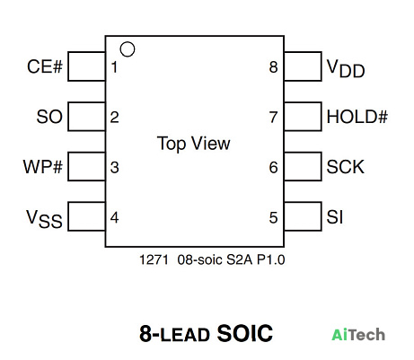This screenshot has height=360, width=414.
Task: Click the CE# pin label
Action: [x=45, y=66]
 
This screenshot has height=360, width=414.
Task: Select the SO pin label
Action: [x=49, y=117]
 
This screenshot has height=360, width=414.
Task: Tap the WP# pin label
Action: [x=43, y=167]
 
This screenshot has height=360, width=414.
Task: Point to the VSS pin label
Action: [x=44, y=219]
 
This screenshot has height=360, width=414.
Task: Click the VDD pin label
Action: [x=346, y=68]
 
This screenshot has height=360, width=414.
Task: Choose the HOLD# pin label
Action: [x=357, y=117]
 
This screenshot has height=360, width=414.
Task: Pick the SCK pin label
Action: [x=345, y=167]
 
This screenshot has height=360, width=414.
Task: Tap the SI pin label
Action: [x=335, y=217]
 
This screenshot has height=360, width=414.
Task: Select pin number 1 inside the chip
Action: [x=114, y=67]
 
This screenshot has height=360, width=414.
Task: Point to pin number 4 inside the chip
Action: [x=114, y=217]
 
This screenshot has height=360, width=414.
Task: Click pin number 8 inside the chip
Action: [x=273, y=67]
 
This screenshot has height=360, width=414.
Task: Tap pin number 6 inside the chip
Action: [x=273, y=167]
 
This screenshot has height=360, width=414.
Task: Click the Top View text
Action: [x=194, y=144]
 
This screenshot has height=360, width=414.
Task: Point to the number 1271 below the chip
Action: [x=154, y=259]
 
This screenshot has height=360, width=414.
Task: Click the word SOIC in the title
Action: [x=245, y=333]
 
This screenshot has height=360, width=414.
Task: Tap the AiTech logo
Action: [x=358, y=335]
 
